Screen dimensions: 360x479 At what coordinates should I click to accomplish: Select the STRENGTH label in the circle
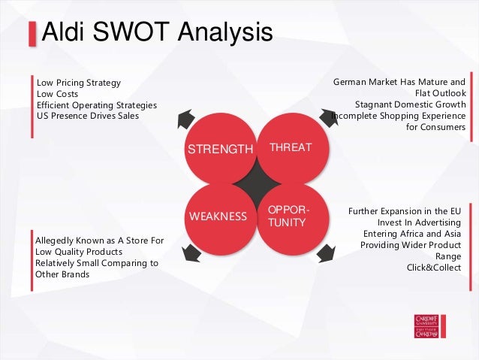click(220, 149)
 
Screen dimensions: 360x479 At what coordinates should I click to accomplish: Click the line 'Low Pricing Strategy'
click(78, 83)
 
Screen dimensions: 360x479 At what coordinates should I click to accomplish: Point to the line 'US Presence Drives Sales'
click(88, 116)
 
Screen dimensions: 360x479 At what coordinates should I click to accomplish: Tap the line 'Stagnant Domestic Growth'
click(410, 104)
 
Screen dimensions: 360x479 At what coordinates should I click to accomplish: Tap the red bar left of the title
click(32, 34)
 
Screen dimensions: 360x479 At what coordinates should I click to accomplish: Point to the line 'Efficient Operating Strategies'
click(96, 104)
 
